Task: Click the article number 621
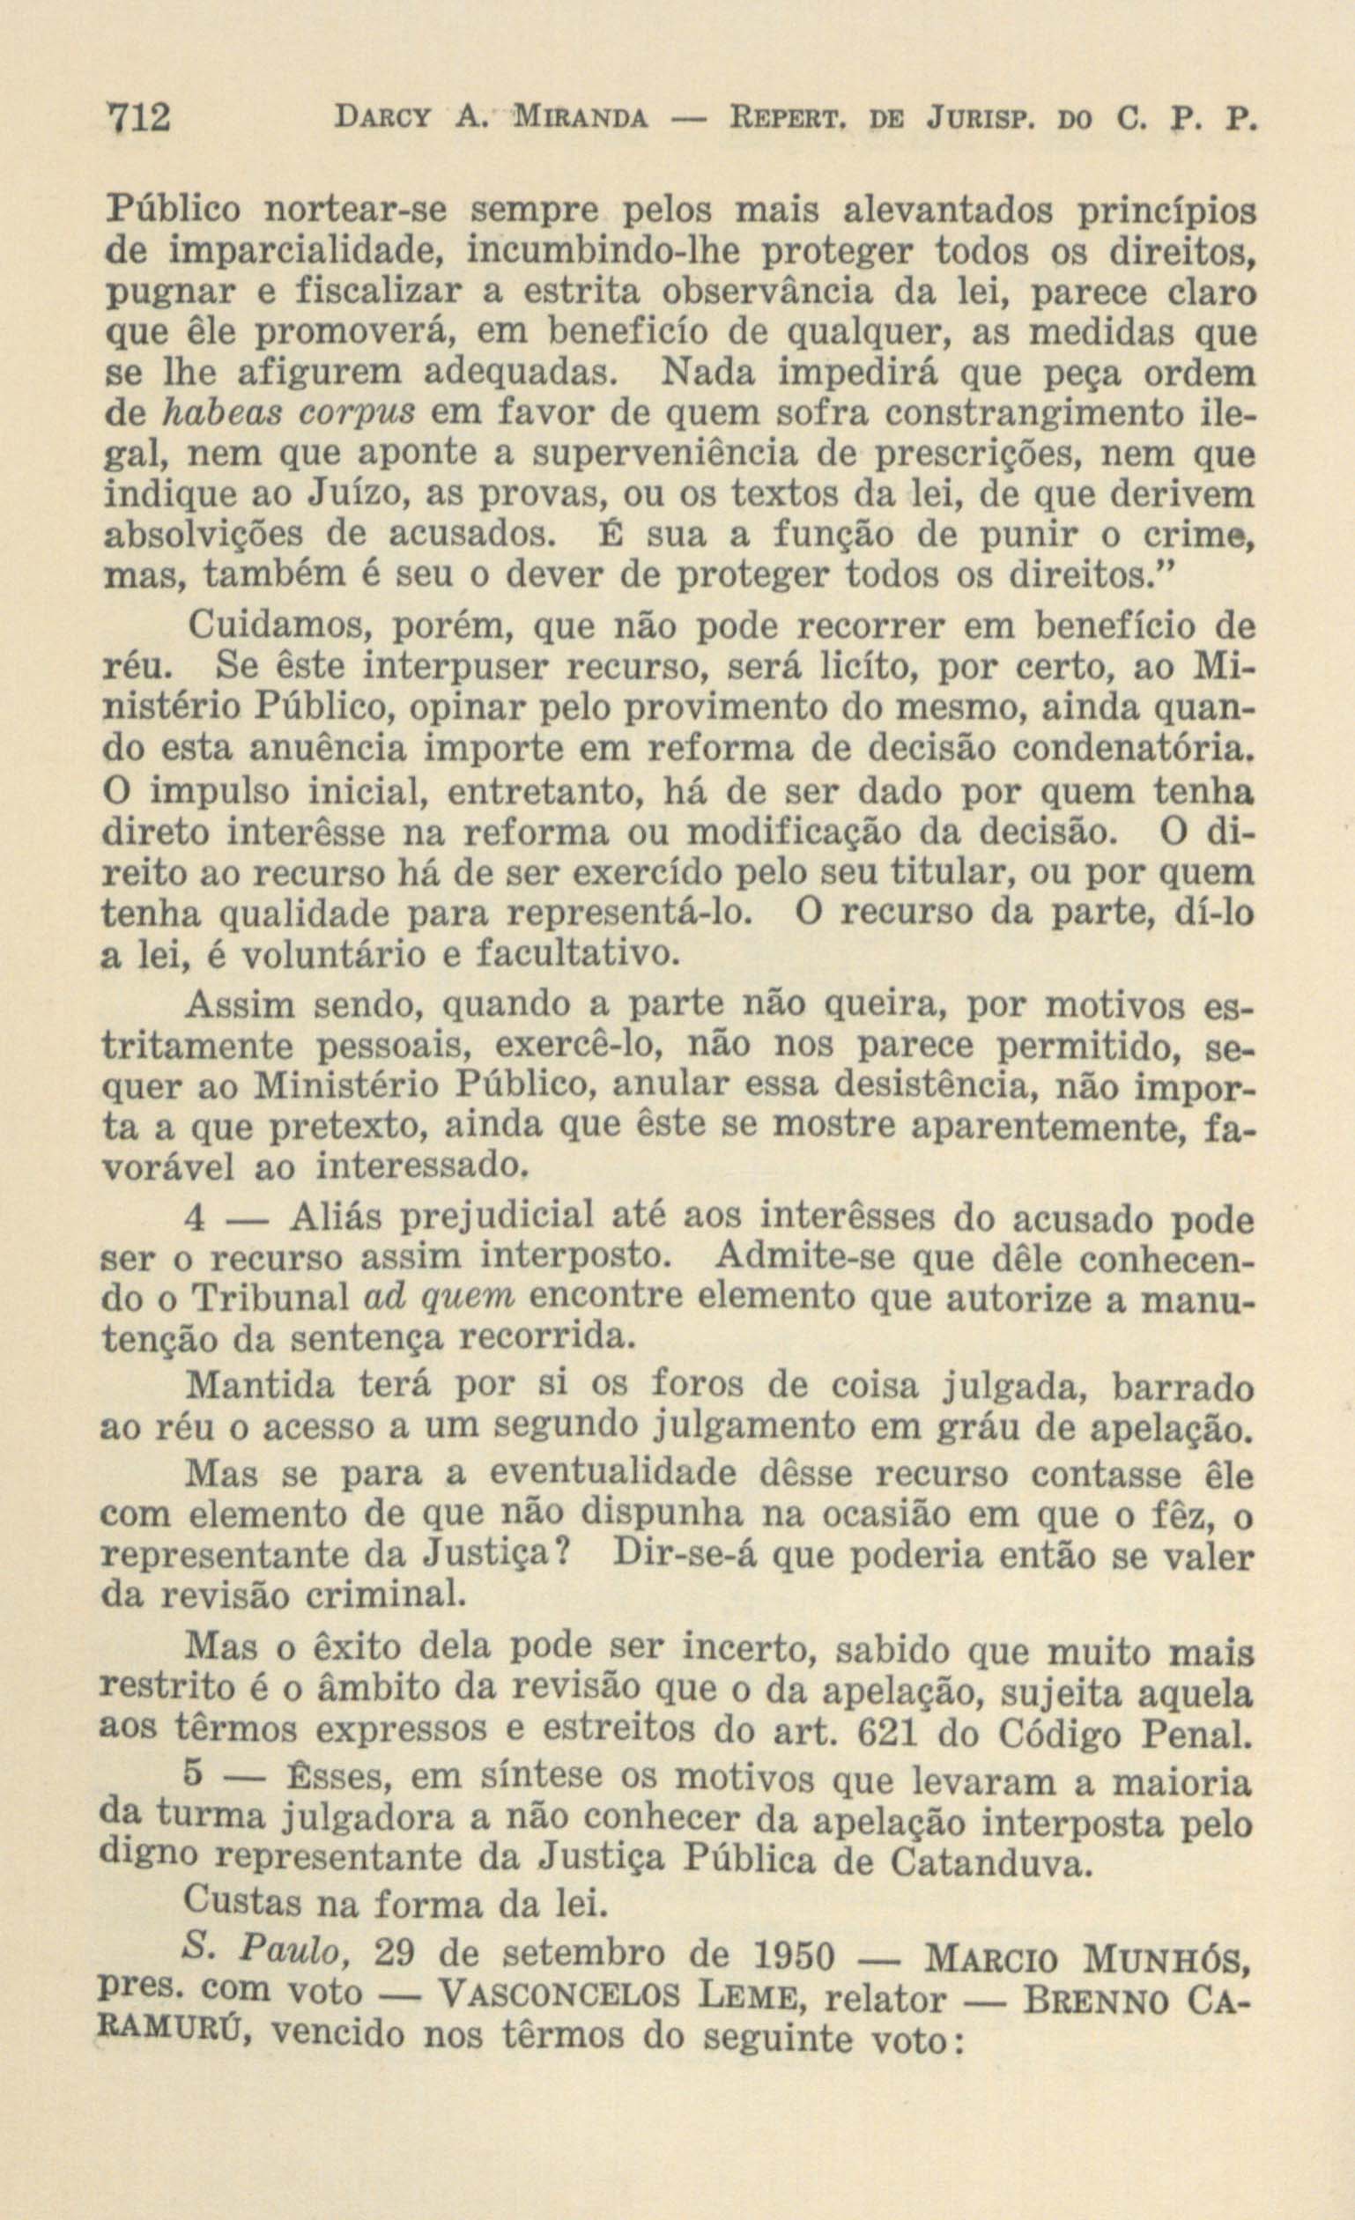tap(883, 1732)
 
